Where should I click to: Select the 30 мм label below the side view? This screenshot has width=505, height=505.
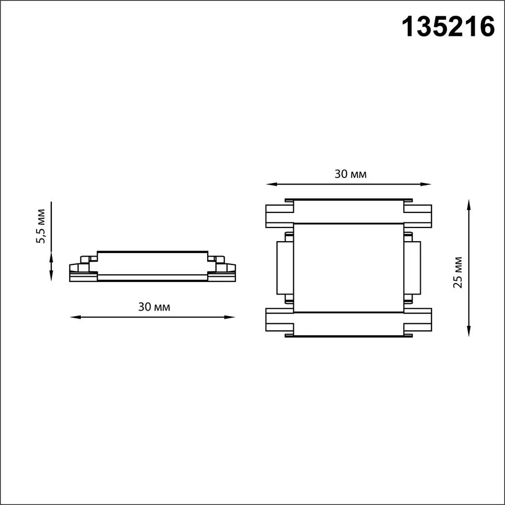coord(154,307)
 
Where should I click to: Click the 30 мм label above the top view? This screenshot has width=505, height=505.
coord(351,174)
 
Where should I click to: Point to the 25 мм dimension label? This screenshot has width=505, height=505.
coord(458,272)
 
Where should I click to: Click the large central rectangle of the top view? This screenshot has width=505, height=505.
coord(349,267)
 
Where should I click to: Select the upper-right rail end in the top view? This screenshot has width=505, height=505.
coord(419,216)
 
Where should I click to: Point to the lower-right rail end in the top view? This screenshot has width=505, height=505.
coord(419,320)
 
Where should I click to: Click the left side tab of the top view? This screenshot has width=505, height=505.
coord(284,267)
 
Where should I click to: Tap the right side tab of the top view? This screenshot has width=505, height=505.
coord(412,267)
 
